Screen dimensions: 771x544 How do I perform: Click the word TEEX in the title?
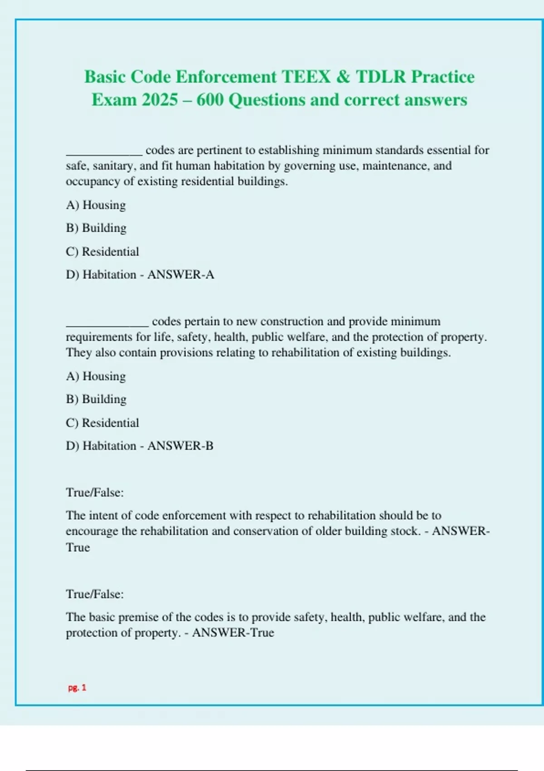[x=306, y=77]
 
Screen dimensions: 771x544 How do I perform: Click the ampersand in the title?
[x=343, y=77]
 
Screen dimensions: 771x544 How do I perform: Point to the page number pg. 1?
[x=77, y=688]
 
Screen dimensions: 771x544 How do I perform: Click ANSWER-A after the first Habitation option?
[x=180, y=274]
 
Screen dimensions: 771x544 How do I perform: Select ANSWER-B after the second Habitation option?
[x=180, y=446]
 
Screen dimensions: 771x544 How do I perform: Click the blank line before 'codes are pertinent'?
[x=104, y=153]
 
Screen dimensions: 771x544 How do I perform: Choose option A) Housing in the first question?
[x=96, y=205]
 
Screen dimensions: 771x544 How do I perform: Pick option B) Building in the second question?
[x=96, y=399]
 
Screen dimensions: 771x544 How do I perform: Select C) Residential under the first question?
[x=102, y=251]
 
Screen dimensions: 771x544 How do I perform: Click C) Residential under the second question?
[x=102, y=423]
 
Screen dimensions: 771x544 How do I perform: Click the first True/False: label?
[x=95, y=493]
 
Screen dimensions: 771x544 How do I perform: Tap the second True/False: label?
[x=95, y=594]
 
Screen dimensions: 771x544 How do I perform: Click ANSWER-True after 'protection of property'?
[x=233, y=633]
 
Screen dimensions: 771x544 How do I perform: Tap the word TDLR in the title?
[x=381, y=77]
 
